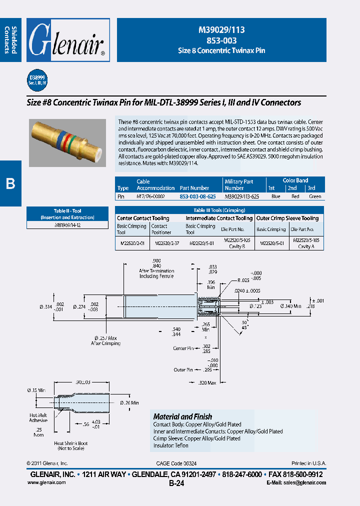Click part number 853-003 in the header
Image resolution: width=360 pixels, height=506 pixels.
(x=221, y=40)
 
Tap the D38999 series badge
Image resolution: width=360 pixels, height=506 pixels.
(x=37, y=80)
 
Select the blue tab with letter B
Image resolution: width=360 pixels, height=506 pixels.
(x=10, y=183)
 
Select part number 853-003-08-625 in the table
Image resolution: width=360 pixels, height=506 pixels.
(x=197, y=196)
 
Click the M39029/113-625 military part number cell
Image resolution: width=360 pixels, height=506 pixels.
(x=242, y=196)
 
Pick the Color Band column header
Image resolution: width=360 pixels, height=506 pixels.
(x=295, y=180)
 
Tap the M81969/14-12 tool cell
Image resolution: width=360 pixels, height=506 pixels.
(x=67, y=225)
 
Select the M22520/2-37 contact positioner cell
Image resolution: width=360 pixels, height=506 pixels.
(x=163, y=243)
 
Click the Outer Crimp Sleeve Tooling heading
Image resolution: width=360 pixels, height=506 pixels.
(x=287, y=218)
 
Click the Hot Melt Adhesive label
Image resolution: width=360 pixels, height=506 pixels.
(x=39, y=417)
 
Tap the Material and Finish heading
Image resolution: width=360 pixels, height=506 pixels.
(x=182, y=416)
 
